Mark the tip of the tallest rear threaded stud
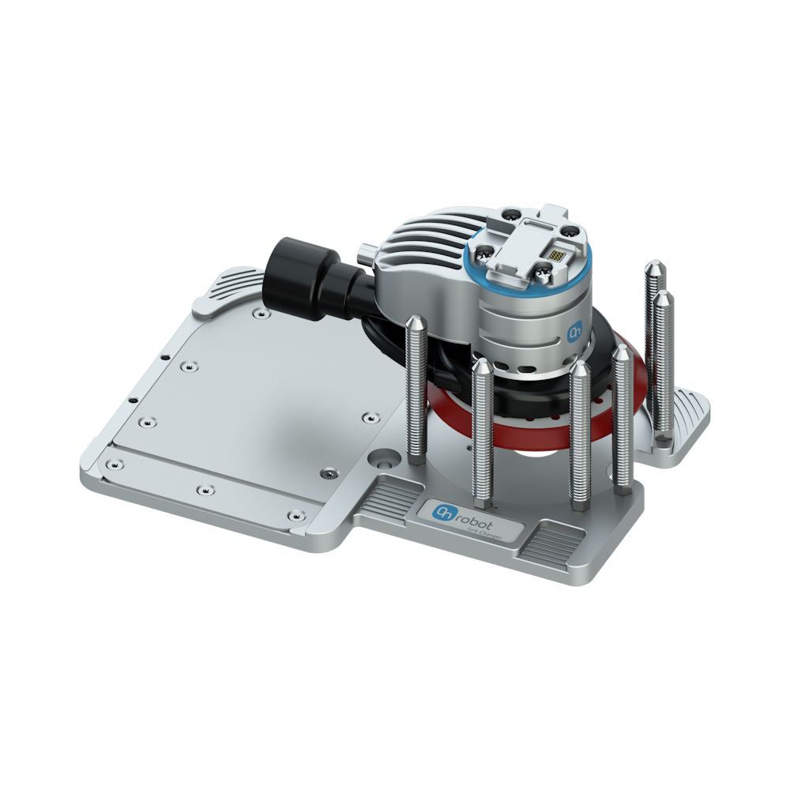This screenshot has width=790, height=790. [655, 267]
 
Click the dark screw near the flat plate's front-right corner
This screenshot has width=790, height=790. [326, 474]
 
